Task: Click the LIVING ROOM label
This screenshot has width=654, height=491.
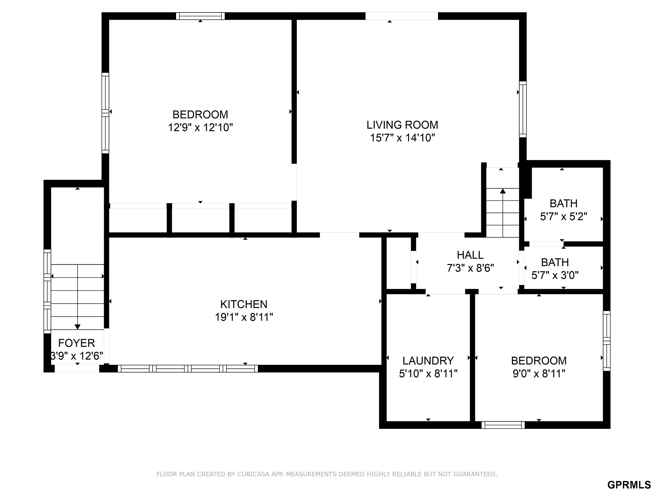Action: pyautogui.click(x=402, y=125)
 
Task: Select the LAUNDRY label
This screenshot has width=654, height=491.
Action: pyautogui.click(x=428, y=361)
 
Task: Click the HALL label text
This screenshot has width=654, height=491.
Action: pyautogui.click(x=470, y=255)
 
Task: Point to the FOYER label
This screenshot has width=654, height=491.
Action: pyautogui.click(x=77, y=343)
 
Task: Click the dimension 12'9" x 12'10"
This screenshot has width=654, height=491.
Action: pyautogui.click(x=201, y=128)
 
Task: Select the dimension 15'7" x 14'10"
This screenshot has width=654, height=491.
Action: pyautogui.click(x=403, y=138)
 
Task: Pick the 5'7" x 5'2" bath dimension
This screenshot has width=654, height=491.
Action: pyautogui.click(x=564, y=217)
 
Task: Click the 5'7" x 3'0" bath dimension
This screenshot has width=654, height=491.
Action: pyautogui.click(x=555, y=276)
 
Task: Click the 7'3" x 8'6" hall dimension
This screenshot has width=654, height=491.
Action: pyautogui.click(x=470, y=268)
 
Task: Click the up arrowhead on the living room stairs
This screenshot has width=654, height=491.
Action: pyautogui.click(x=503, y=191)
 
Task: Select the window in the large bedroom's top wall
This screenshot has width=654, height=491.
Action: pyautogui.click(x=201, y=16)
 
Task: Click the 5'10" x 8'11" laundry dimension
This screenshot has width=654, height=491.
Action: pyautogui.click(x=428, y=374)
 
